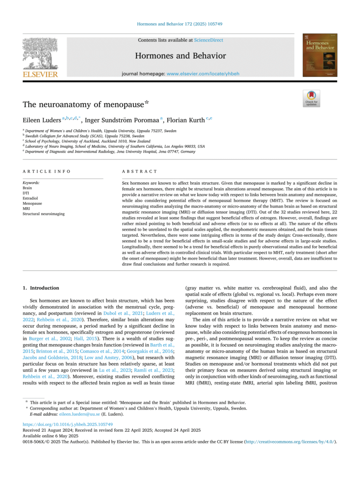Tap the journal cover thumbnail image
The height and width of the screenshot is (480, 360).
coord(320,55)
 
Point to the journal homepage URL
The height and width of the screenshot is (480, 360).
coord(203,74)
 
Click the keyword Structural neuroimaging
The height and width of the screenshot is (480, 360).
coord(44,214)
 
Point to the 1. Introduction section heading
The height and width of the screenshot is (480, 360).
coord(41,288)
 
